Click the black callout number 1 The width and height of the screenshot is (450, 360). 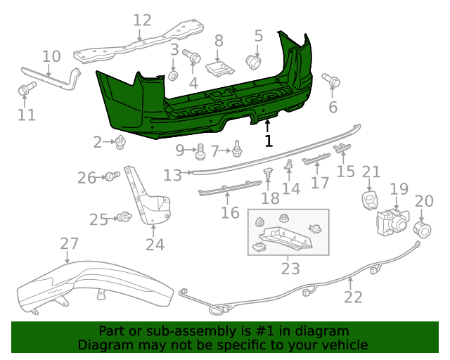(268, 141)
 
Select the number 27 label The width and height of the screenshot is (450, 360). (69, 244)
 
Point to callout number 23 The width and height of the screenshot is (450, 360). (290, 268)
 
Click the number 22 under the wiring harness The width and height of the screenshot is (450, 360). (353, 297)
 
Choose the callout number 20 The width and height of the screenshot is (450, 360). (424, 201)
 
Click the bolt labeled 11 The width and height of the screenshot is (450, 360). (26, 89)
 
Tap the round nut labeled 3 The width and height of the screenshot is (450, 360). (173, 74)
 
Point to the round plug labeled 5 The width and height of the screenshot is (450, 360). (254, 62)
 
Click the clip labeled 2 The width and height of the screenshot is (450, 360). (122, 143)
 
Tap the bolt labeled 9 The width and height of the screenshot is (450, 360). (200, 150)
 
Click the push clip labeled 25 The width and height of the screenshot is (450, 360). (125, 217)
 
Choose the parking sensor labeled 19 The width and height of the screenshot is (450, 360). (391, 222)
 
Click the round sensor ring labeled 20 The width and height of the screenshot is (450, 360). (423, 229)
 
